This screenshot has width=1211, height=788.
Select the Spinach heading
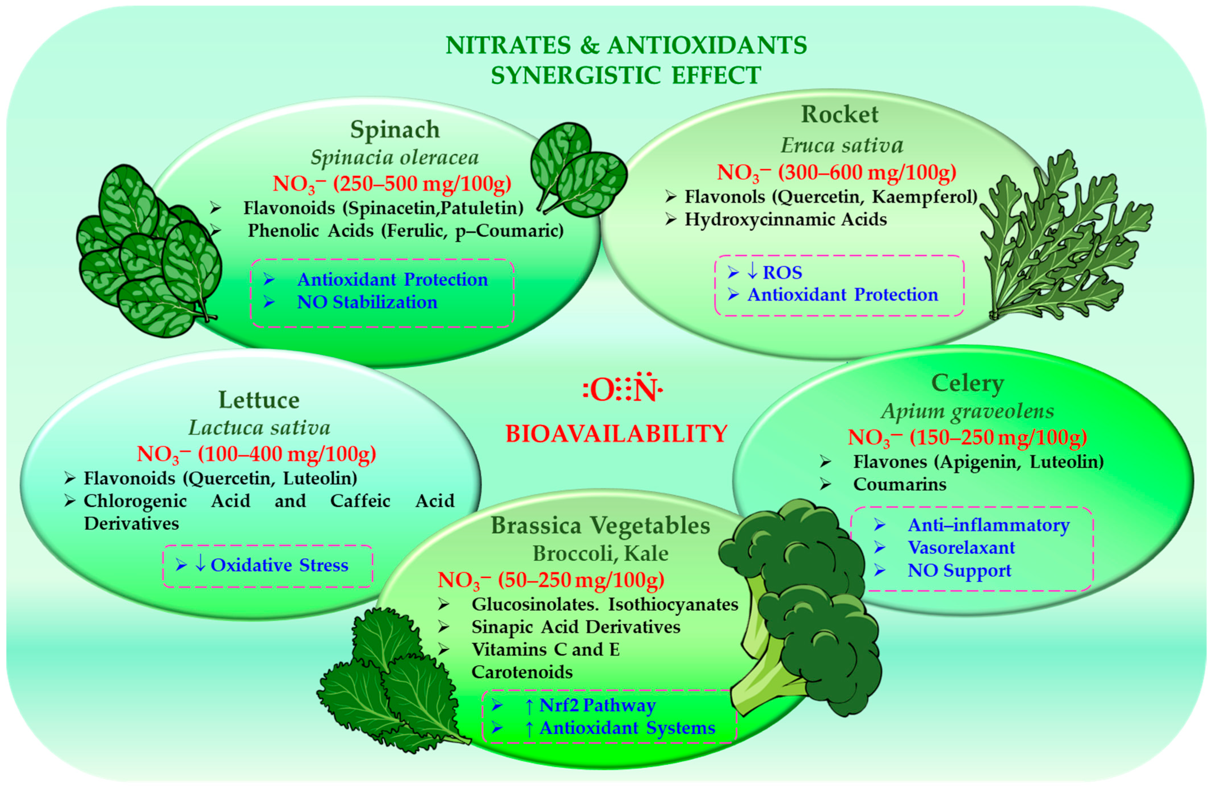pos(395,130)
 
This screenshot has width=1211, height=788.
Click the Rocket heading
pos(840,114)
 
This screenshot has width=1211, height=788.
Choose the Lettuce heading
pos(259,400)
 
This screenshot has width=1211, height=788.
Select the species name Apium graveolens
pos(967,411)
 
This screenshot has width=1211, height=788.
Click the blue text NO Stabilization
pos(367,302)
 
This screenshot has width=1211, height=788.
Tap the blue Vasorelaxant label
pos(961,548)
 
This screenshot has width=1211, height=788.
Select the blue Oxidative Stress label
pos(279,565)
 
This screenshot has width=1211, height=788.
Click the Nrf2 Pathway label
pos(597,705)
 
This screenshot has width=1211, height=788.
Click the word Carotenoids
pos(522,672)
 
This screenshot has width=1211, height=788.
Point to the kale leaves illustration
pos(392,682)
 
